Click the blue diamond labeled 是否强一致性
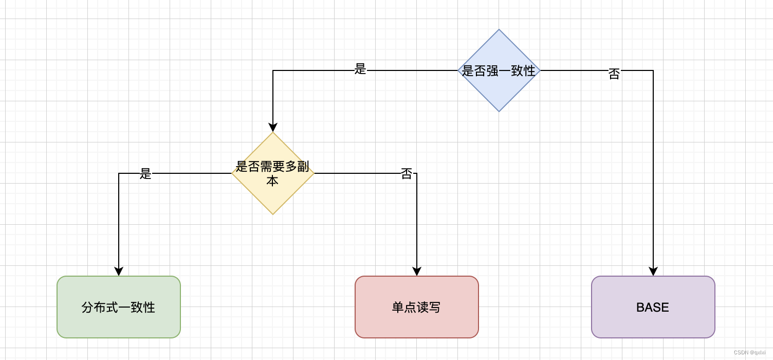[499, 70]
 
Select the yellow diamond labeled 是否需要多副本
[273, 173]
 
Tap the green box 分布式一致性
[119, 307]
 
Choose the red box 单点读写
[417, 307]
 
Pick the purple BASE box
[653, 307]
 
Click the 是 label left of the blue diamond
[360, 69]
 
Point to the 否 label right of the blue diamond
[614, 74]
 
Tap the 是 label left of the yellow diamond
[146, 174]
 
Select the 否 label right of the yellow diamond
[407, 174]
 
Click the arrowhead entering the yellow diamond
[273, 128]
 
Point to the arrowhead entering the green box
[119, 272]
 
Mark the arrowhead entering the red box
[417, 272]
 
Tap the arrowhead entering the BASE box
[653, 272]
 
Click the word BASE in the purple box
[653, 308]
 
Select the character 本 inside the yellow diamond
[272, 181]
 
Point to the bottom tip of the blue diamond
[499, 111]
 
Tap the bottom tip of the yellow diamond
[273, 214]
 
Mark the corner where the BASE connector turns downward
[653, 70]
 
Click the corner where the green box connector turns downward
[119, 173]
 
